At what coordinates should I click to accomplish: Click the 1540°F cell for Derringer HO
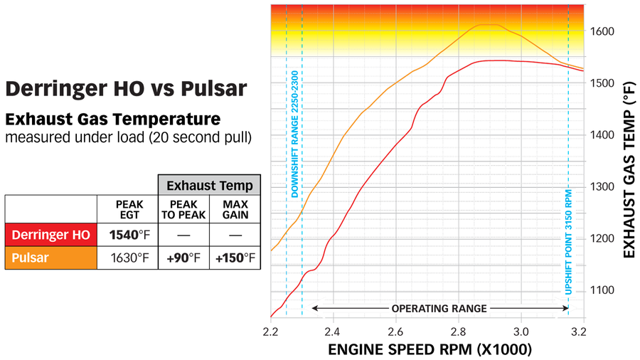129,234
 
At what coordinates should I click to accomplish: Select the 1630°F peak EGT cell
129,257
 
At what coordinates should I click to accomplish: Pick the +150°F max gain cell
235,257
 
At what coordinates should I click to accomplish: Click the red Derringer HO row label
50,234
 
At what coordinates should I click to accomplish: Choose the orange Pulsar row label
50,257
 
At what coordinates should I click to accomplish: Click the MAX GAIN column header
235,209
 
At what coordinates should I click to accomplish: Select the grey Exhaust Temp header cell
209,186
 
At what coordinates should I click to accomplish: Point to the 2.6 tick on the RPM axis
396,332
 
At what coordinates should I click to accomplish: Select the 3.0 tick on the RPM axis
521,332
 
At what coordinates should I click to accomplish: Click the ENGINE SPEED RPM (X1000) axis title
429,350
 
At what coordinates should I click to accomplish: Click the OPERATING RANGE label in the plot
439,309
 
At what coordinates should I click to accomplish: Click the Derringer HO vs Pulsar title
126,88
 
